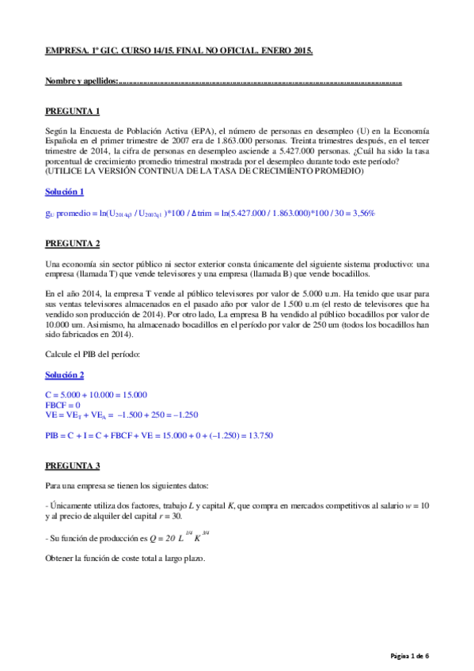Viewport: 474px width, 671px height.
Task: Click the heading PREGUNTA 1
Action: pyautogui.click(x=72, y=111)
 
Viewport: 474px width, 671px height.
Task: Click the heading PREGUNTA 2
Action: pyautogui.click(x=72, y=242)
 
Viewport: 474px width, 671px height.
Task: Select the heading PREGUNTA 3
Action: pyautogui.click(x=72, y=464)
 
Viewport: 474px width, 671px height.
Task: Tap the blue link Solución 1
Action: pyautogui.click(x=65, y=191)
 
